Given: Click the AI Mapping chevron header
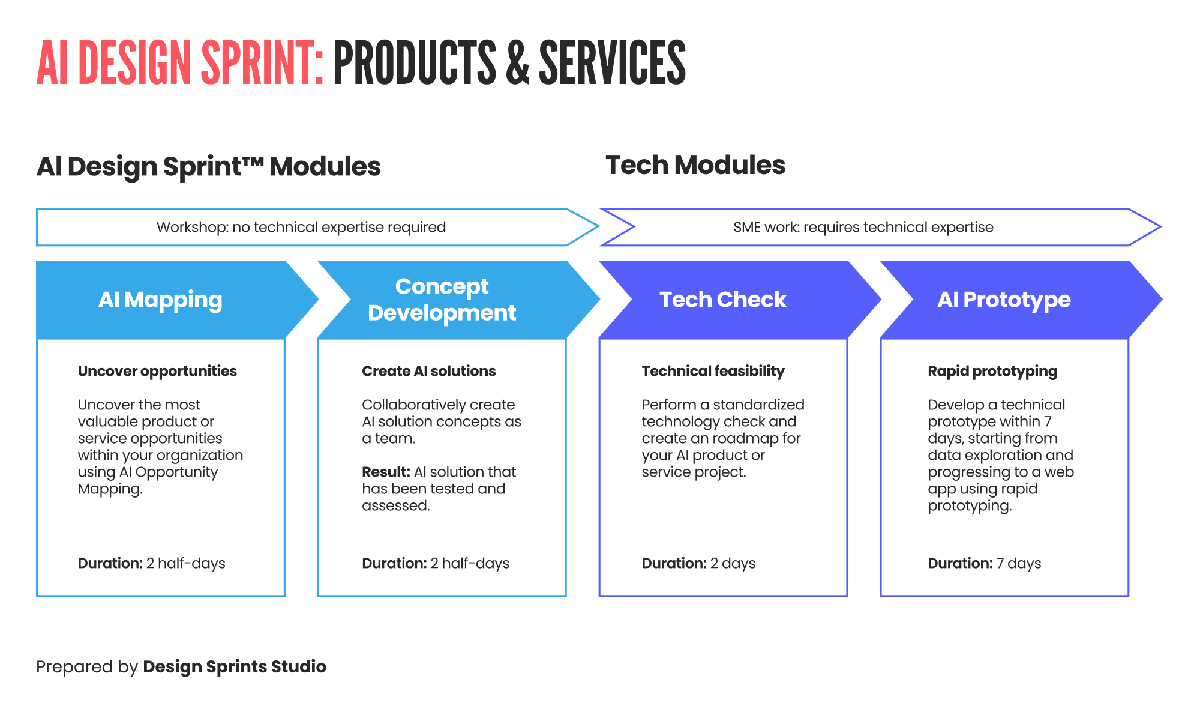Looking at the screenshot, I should point(160,300).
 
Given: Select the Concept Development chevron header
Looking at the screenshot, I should point(442,300).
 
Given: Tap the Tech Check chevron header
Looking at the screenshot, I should point(723,300).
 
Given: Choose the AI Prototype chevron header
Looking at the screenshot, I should point(1004,300).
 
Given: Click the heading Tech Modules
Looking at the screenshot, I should point(695,165).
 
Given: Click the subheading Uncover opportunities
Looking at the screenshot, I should point(157,371).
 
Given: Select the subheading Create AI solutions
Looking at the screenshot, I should point(428,371).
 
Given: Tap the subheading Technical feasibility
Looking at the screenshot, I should point(713,371).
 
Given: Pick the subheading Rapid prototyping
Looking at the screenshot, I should point(992,371).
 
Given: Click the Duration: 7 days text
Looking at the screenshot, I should point(984,563).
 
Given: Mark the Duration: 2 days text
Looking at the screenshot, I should point(698,563).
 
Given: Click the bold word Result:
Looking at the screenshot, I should point(386,472).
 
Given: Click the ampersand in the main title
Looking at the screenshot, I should point(517,63).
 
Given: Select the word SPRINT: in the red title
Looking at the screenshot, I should point(262,63).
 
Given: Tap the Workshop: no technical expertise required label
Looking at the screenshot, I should point(301,227).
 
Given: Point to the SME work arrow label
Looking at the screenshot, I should point(863,227).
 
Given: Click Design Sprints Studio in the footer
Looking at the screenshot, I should point(235,666).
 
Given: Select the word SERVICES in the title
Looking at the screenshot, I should point(612,63).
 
